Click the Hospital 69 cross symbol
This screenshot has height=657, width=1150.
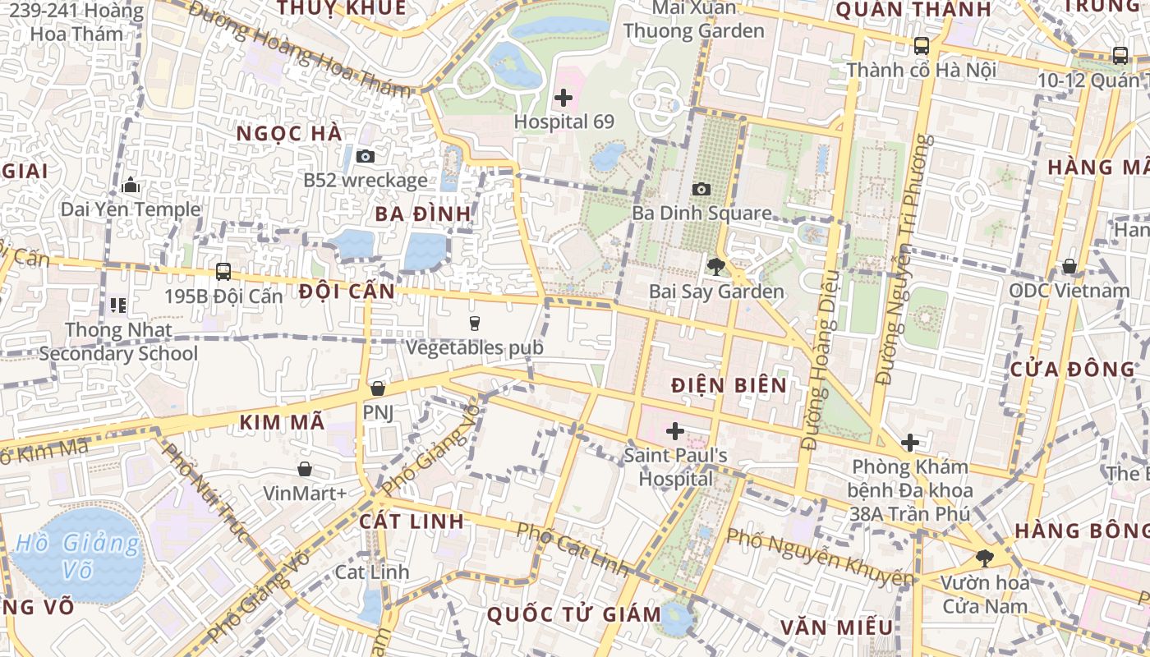pyautogui.click(x=563, y=99)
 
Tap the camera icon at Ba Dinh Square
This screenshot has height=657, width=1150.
pyautogui.click(x=701, y=190)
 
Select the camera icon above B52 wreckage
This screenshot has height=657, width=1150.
pyautogui.click(x=366, y=156)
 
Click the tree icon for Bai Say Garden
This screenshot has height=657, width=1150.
pyautogui.click(x=715, y=266)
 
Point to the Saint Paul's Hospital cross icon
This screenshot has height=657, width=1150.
pyautogui.click(x=675, y=430)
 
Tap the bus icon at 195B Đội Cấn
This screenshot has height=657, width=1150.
pyautogui.click(x=223, y=272)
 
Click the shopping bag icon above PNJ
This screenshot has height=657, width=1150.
pyautogui.click(x=378, y=388)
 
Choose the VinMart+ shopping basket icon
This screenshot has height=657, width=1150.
pyautogui.click(x=305, y=469)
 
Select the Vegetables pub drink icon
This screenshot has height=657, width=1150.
pyautogui.click(x=474, y=324)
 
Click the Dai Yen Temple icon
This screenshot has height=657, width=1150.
pyautogui.click(x=131, y=186)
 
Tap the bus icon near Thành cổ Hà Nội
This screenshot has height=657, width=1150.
pyautogui.click(x=922, y=46)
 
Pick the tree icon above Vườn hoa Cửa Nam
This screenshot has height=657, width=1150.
pyautogui.click(x=984, y=559)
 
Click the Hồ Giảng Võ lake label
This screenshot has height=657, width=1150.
pyautogui.click(x=78, y=556)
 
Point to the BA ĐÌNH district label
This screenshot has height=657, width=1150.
pyautogui.click(x=424, y=214)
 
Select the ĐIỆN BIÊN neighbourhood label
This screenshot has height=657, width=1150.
pyautogui.click(x=729, y=385)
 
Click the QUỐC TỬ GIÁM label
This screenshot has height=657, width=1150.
pyautogui.click(x=573, y=614)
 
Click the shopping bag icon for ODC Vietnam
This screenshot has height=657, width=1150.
pyautogui.click(x=1069, y=266)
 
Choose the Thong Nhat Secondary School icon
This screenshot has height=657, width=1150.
pyautogui.click(x=118, y=306)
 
